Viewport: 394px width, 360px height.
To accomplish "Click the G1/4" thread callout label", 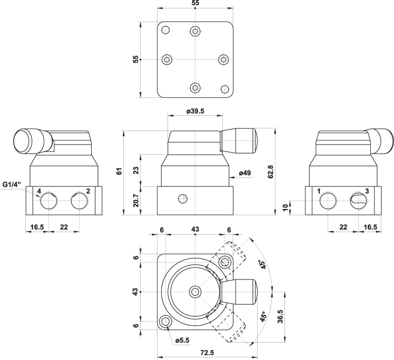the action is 12,185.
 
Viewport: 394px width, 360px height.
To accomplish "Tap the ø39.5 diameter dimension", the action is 195,111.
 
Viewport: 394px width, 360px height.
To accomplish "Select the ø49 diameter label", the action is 245,173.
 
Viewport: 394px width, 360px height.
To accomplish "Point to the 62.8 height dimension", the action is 271,172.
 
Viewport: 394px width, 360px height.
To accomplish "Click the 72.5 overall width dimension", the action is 208,353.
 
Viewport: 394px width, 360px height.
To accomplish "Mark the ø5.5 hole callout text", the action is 182,341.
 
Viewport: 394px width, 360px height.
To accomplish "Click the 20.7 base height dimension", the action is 136,201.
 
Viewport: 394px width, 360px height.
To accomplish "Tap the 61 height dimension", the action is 120,171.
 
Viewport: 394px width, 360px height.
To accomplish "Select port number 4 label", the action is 39,191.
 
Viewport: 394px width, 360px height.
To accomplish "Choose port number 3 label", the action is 367,191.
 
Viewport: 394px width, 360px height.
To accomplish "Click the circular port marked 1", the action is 328,201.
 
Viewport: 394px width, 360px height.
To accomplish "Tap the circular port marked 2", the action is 80,201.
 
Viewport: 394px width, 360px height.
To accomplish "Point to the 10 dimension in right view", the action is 285,207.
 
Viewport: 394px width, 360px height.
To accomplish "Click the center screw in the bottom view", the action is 195,292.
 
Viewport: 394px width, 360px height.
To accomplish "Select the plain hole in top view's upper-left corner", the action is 165,31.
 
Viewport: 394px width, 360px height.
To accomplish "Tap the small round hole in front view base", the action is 183,199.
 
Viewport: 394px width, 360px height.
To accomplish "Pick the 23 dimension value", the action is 136,171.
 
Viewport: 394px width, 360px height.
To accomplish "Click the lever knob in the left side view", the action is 33,141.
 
